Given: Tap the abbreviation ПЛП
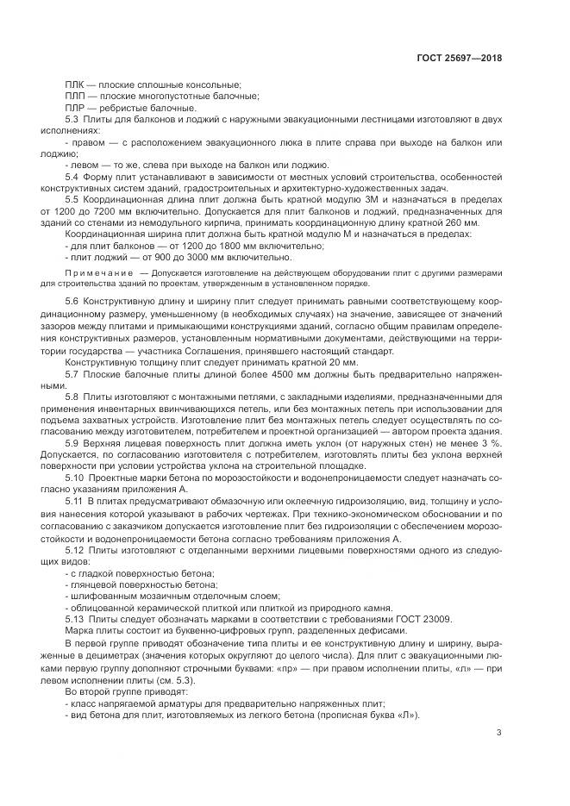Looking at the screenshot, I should [75, 96].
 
